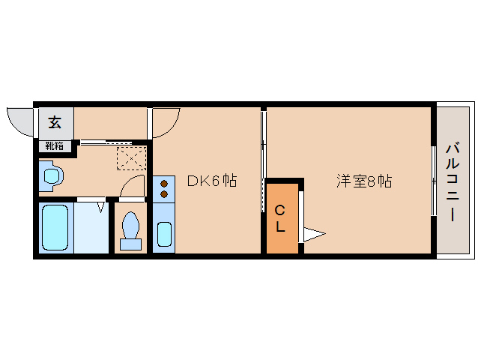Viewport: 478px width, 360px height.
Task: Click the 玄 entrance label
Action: [55, 122]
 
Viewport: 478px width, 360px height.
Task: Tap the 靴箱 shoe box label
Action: [55, 146]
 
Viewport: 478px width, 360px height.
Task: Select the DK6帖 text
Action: [212, 181]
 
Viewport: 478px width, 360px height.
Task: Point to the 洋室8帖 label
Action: [364, 181]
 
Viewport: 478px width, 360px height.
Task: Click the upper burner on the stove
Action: [163, 182]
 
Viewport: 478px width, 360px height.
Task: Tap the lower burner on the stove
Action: [163, 194]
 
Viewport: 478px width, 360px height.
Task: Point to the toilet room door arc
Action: [133, 187]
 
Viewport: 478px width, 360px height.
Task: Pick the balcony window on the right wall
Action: [434, 180]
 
